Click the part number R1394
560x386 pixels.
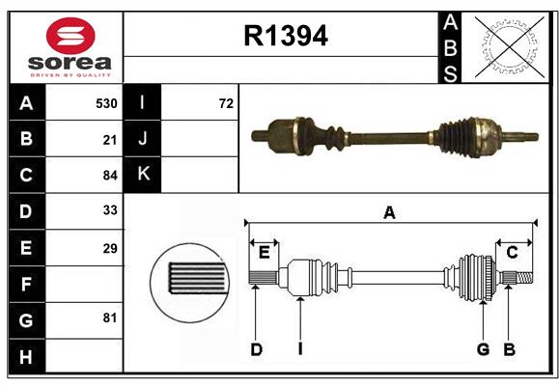[286, 36]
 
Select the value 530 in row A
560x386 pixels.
[106, 102]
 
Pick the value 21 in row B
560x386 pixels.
[110, 139]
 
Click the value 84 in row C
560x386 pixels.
[110, 176]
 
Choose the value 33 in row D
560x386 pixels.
[110, 211]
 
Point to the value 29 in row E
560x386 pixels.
[110, 248]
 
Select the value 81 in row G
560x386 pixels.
[110, 317]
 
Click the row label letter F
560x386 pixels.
[26, 284]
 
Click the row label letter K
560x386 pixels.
[143, 175]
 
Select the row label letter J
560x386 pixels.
[143, 139]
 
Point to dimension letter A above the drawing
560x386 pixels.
[389, 212]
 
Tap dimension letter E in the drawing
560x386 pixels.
[264, 253]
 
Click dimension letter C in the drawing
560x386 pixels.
[513, 253]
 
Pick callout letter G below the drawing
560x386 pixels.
[483, 349]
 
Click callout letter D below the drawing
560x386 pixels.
[256, 349]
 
